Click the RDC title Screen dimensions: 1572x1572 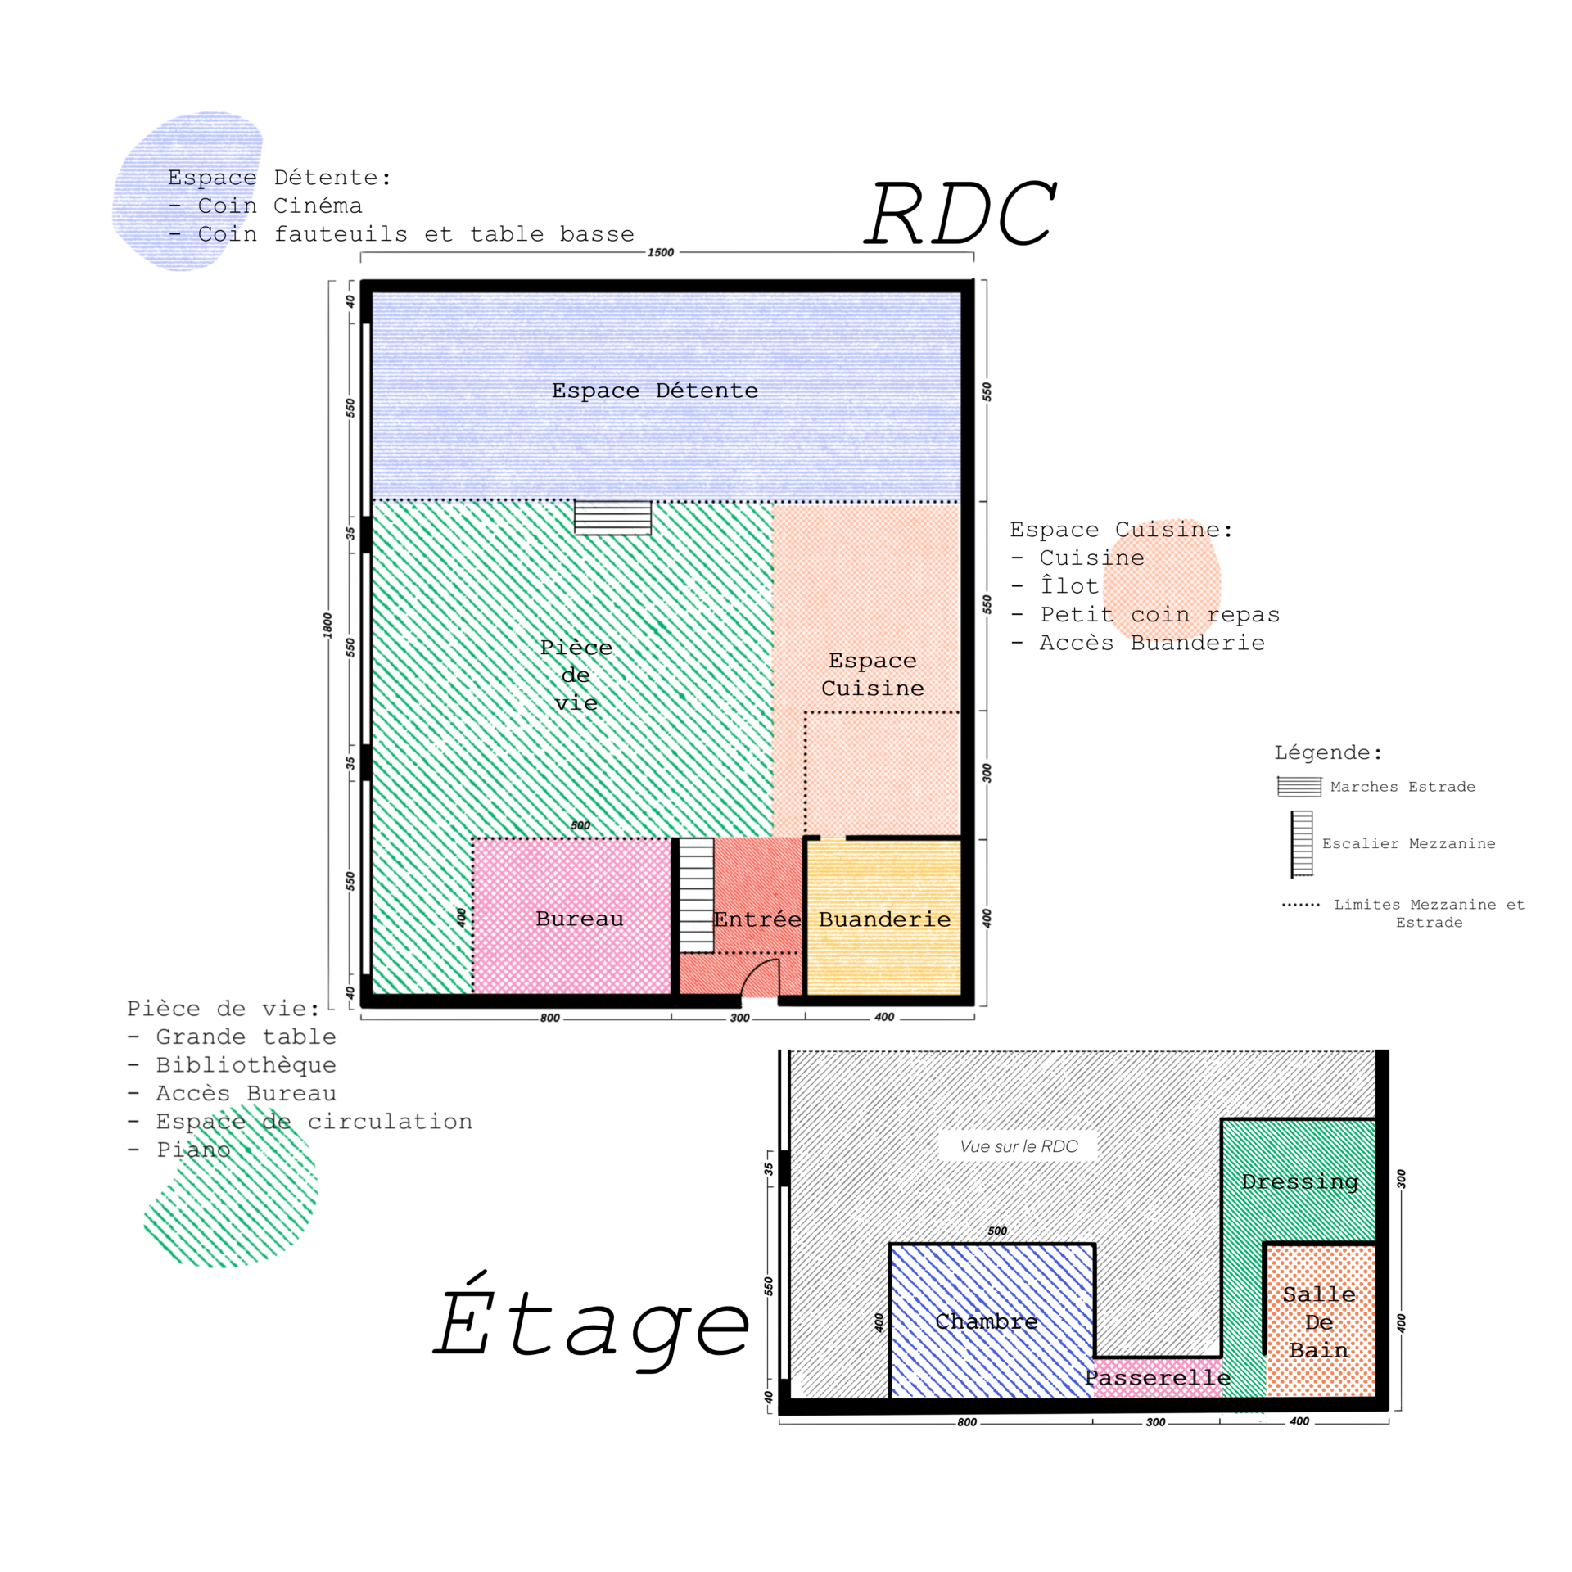tap(961, 215)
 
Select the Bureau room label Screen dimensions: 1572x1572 tap(580, 919)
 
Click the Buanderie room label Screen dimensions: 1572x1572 tap(885, 920)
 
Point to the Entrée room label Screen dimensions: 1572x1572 tap(757, 920)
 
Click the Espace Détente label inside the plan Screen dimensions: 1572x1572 tap(655, 391)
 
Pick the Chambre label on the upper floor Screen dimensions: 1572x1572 tap(987, 1322)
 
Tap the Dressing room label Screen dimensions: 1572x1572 tap(1299, 1182)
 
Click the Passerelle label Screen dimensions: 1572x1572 tap(1158, 1378)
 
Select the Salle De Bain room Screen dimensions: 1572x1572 tap(1319, 1322)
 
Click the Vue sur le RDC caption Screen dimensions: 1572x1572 tap(1019, 1146)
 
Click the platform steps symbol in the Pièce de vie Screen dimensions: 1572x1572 tap(612, 518)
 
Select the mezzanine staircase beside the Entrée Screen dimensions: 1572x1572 tap(697, 895)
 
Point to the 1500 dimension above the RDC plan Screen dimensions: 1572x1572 tap(661, 253)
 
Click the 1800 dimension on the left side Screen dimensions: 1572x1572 tap(327, 626)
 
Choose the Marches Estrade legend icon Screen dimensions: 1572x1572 tap(1299, 787)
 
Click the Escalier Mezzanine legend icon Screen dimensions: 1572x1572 tap(1302, 844)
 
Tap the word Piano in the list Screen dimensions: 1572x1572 tap(193, 1150)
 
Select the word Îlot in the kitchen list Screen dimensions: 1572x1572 tap(1069, 586)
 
